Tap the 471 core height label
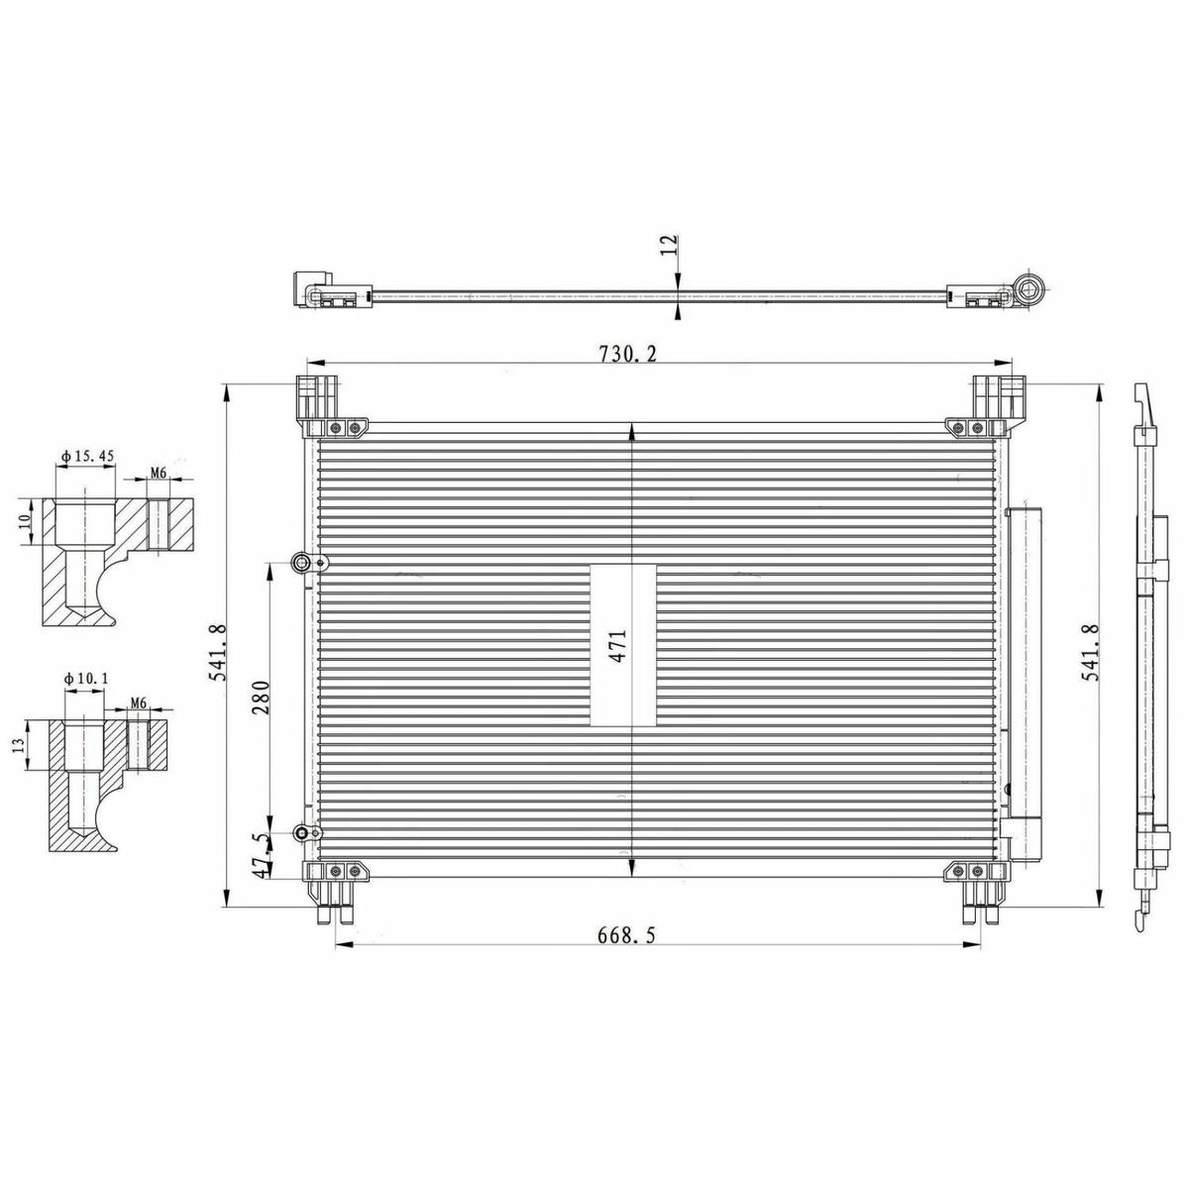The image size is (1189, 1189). (x=619, y=646)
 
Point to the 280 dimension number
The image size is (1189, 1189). (x=262, y=698)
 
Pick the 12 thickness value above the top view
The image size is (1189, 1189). (x=670, y=246)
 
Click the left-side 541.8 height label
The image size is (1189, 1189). (x=220, y=652)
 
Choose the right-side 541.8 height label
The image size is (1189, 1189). (x=1090, y=652)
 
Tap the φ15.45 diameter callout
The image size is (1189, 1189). (x=87, y=456)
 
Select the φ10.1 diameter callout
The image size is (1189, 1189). (x=86, y=678)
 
